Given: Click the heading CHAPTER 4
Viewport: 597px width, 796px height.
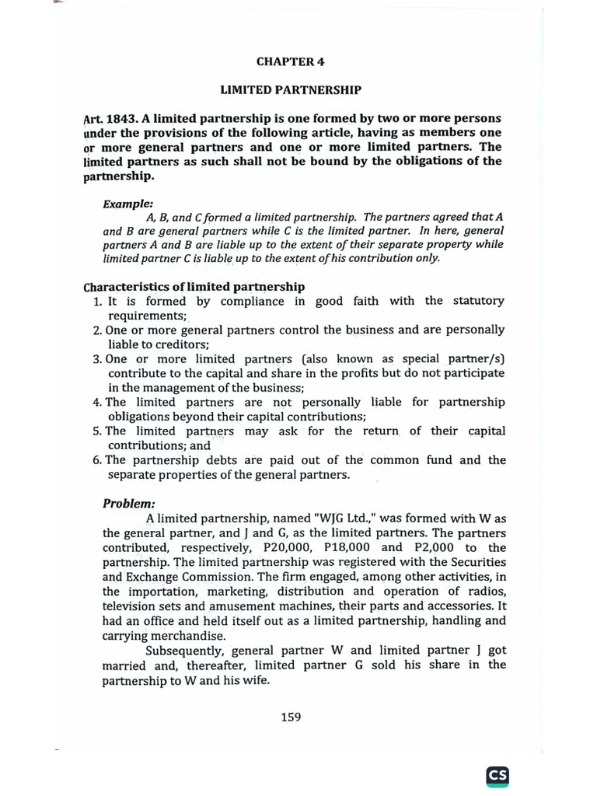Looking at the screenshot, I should coord(291,61).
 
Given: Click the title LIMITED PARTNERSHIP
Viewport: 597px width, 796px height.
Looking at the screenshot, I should coord(291,90).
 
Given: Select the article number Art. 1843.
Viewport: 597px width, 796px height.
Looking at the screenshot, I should coord(108,119).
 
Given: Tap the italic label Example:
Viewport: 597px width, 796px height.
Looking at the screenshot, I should coord(127,204).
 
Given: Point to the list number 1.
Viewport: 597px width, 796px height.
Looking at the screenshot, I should coord(97,301).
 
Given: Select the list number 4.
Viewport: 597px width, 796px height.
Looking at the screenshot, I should coord(97,403).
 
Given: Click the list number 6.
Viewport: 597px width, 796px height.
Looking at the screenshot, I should coord(97,460).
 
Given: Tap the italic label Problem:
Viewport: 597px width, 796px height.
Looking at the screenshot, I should coord(129,503).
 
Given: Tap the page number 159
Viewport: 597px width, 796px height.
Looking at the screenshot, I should coord(291,717).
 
